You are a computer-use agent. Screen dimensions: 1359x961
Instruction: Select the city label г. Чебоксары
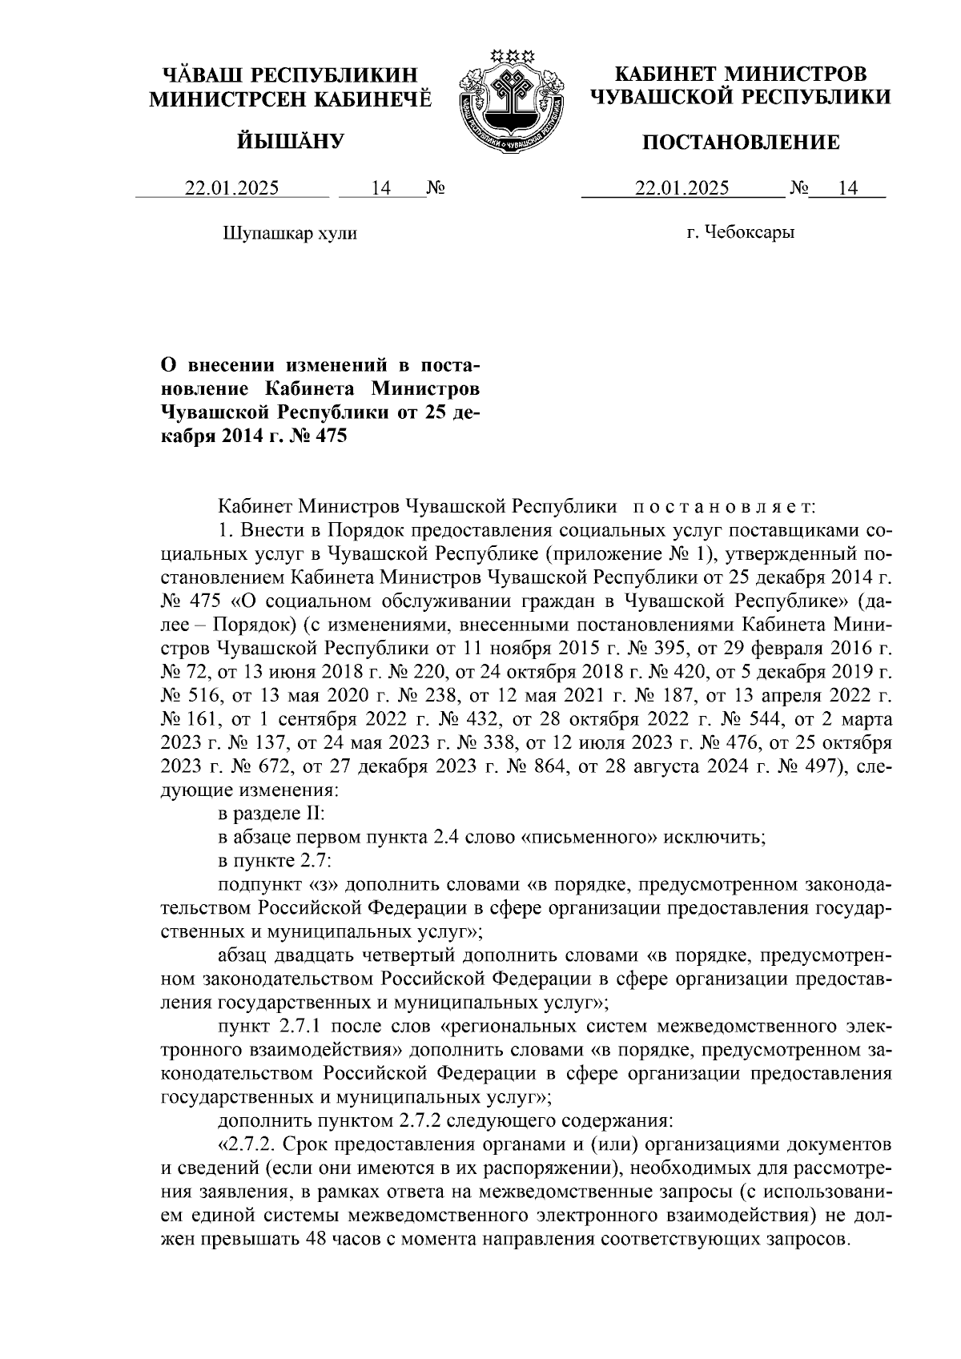click(741, 233)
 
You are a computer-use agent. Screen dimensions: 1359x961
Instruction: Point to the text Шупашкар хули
click(289, 233)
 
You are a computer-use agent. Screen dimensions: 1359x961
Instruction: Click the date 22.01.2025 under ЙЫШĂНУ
click(232, 188)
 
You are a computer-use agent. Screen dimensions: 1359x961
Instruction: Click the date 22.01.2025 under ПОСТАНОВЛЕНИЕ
click(682, 188)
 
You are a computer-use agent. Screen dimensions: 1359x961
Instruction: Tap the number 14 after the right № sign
click(847, 188)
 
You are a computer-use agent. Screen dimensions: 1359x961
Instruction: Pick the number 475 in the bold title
click(329, 436)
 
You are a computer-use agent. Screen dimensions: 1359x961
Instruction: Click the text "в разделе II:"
click(271, 815)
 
